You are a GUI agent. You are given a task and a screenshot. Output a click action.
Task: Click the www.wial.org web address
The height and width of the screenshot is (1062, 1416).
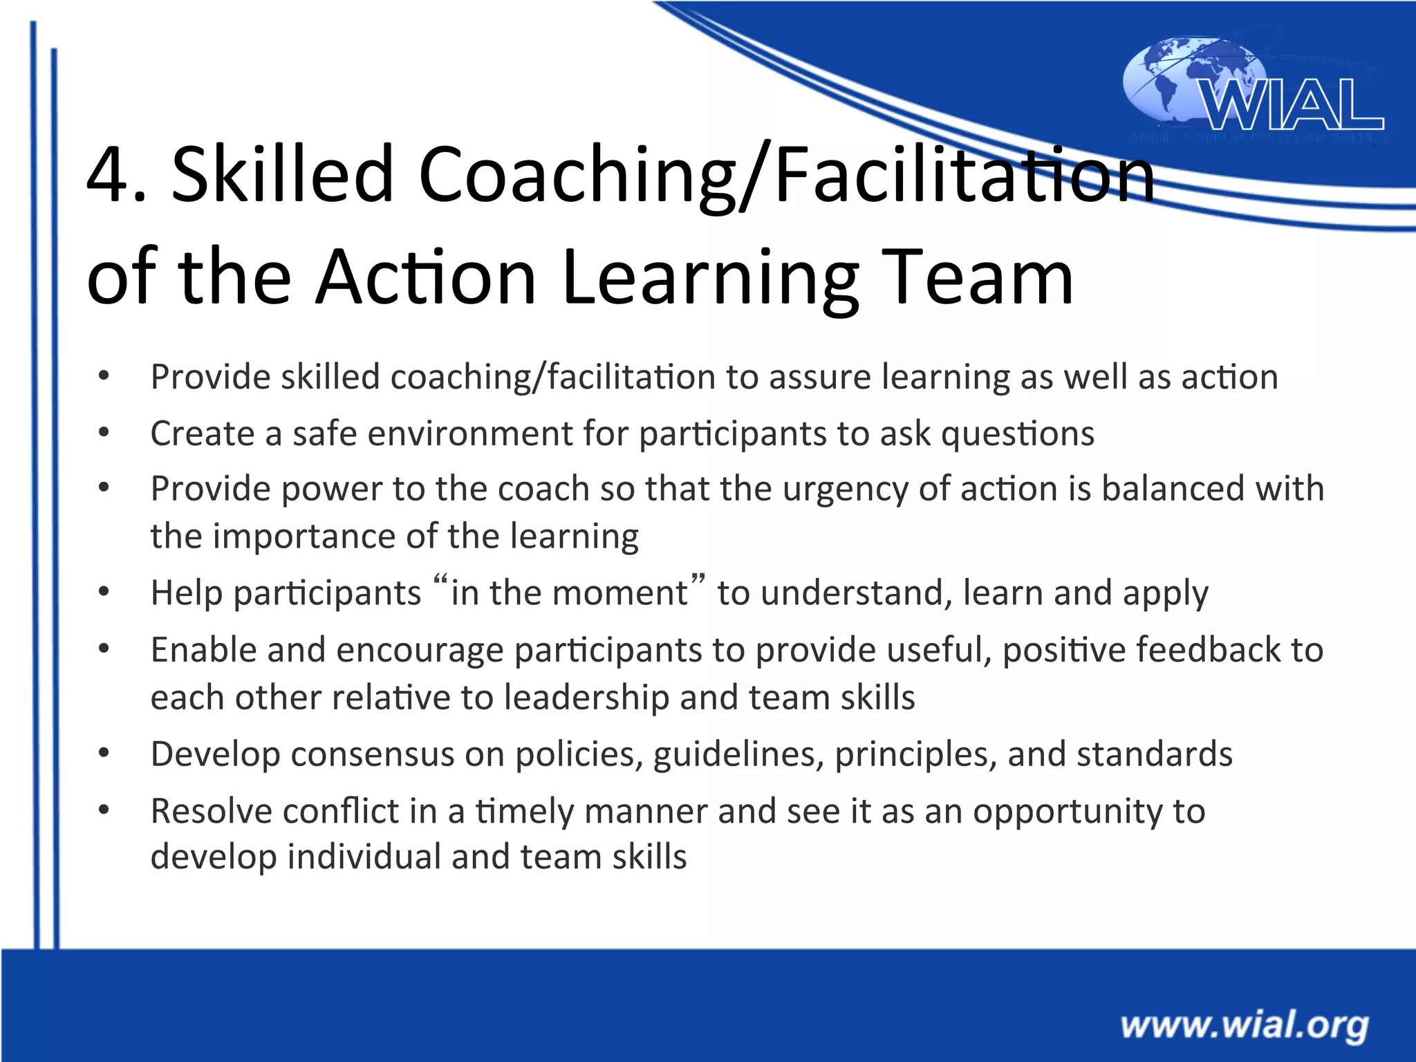coord(1245,1025)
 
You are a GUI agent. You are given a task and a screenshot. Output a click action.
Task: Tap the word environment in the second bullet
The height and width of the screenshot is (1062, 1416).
coord(470,434)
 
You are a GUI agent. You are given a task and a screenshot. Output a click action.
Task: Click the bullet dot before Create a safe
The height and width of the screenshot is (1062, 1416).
coord(104,433)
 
